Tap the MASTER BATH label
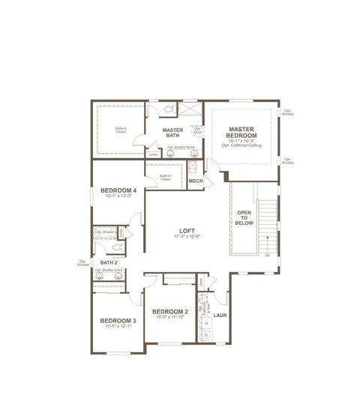tap(173, 133)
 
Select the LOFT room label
tap(187, 232)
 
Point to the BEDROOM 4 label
tap(118, 190)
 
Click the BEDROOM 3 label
tap(118, 321)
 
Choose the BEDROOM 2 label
tap(169, 311)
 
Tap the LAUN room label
tap(220, 316)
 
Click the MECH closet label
tap(196, 181)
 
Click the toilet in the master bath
tap(169, 110)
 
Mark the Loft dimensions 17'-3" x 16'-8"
tap(187, 238)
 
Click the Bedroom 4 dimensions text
tap(118, 197)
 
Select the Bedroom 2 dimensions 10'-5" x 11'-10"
tap(169, 317)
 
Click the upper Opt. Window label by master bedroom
tap(288, 112)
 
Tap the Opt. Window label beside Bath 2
tap(82, 263)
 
